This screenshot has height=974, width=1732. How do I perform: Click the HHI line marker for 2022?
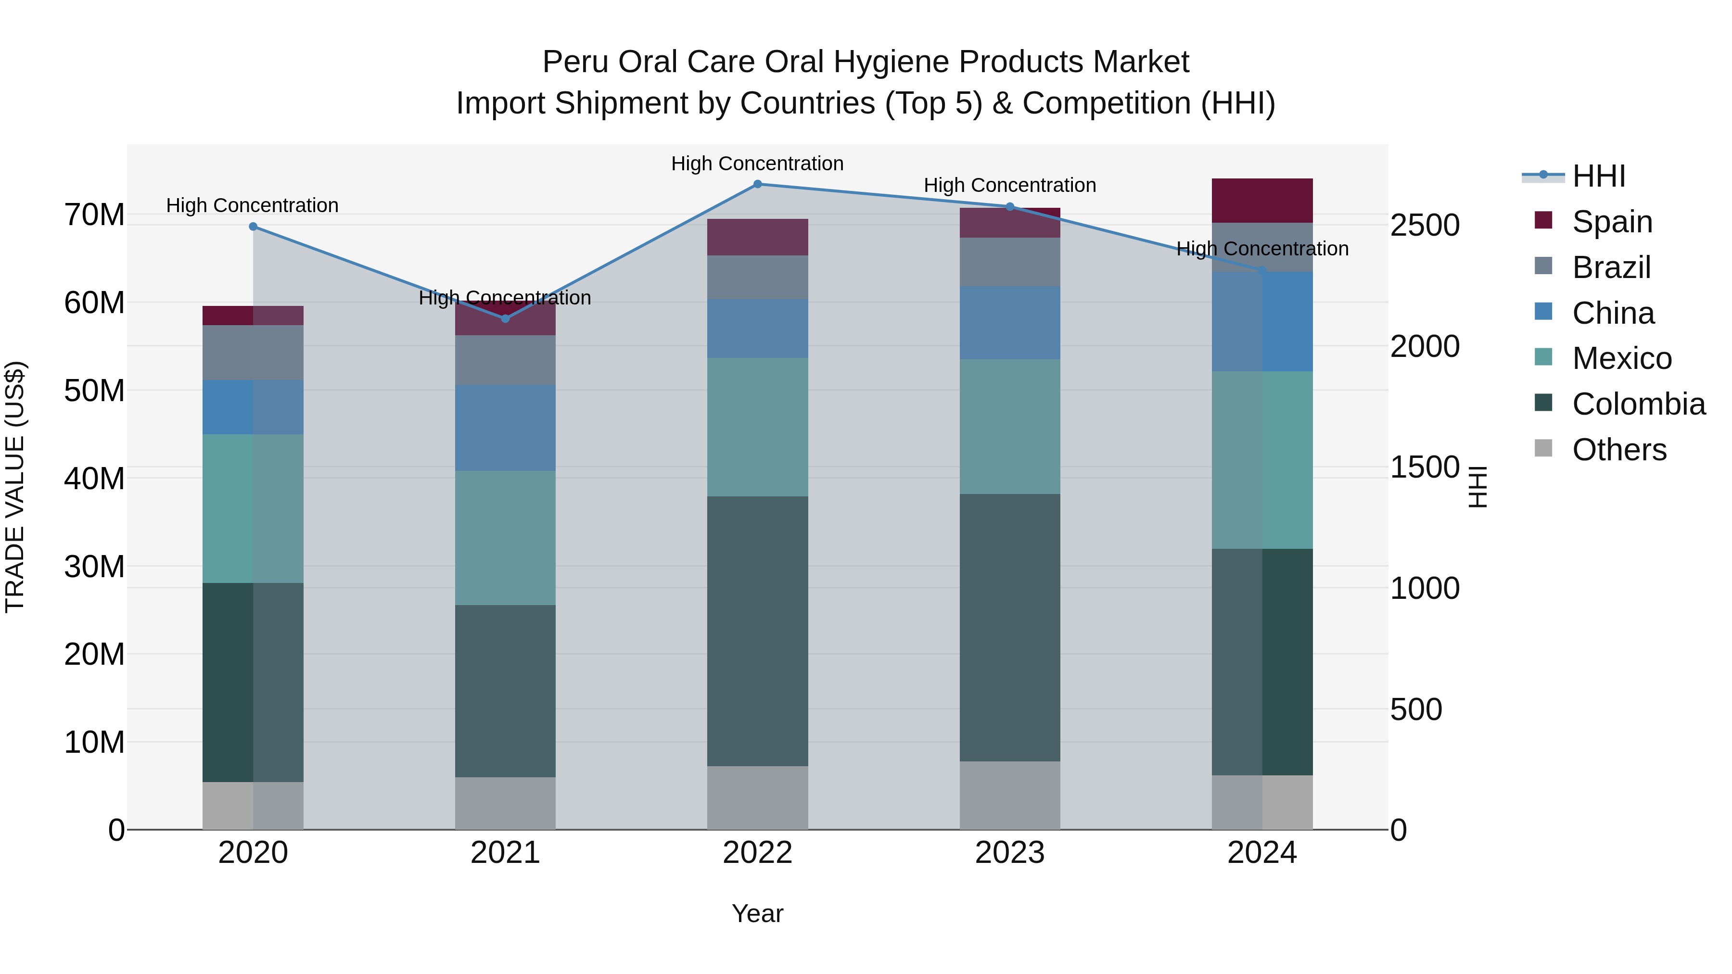pos(757,184)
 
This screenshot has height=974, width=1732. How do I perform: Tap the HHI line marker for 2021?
pos(506,318)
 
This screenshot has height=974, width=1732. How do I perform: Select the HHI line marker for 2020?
pos(253,227)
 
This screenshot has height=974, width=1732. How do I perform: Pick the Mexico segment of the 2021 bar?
pos(506,538)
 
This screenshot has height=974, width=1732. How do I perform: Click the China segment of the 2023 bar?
pos(1009,323)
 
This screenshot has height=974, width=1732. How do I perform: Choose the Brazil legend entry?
pos(1611,267)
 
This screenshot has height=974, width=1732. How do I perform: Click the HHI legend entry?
pos(1598,176)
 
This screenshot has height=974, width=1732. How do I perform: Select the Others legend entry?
pos(1618,450)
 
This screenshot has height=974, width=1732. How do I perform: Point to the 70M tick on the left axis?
pos(94,215)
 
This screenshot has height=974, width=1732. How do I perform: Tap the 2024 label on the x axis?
pos(1262,853)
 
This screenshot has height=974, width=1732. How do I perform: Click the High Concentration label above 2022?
pos(757,164)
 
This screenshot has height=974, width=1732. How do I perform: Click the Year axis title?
pos(757,913)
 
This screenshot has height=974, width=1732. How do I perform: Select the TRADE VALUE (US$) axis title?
pos(15,487)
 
